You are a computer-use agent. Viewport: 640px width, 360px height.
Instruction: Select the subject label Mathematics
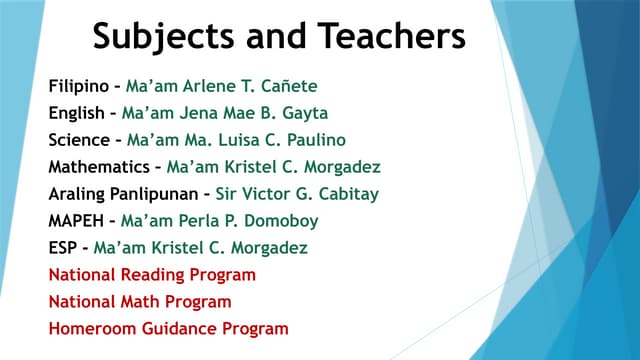(100, 167)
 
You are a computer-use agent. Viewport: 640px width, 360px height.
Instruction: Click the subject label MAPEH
(75, 221)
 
